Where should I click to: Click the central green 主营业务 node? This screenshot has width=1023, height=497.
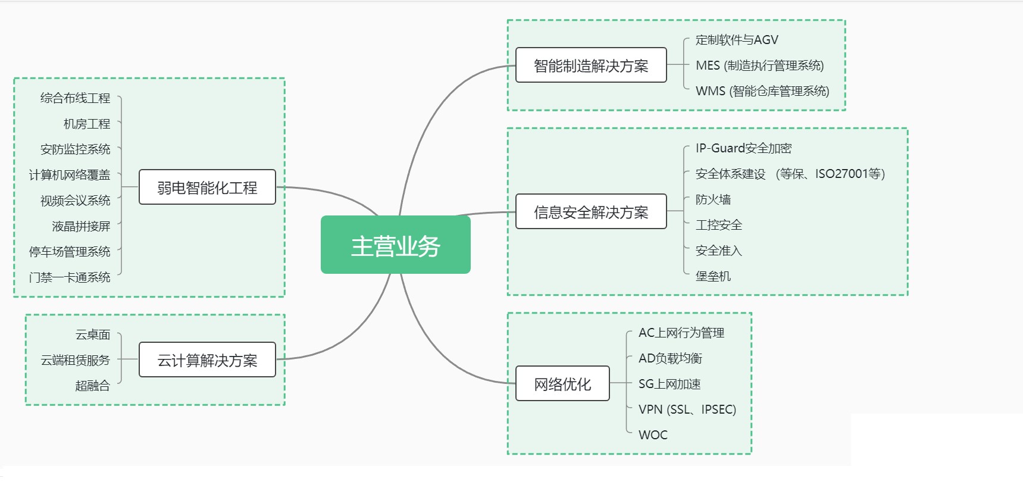click(x=395, y=245)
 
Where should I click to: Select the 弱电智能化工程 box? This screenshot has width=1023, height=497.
click(x=207, y=187)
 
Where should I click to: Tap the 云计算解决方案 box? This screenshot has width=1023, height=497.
click(x=207, y=360)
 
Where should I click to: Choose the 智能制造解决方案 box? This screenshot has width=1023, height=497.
click(x=591, y=65)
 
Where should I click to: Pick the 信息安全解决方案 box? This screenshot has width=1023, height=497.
click(x=591, y=212)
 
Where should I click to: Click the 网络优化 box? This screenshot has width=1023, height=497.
click(x=562, y=384)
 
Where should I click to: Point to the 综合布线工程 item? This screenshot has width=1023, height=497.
click(x=76, y=98)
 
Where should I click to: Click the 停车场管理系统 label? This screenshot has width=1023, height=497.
click(x=70, y=252)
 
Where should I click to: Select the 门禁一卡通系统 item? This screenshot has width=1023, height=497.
click(x=70, y=277)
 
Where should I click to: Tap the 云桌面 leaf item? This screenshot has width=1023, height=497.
click(x=93, y=335)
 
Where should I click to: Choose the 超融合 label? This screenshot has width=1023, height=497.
click(x=93, y=386)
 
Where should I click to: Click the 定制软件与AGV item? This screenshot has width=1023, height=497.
click(x=737, y=40)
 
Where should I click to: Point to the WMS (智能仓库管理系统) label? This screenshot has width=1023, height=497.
click(x=762, y=91)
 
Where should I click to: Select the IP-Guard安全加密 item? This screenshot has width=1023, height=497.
click(x=743, y=148)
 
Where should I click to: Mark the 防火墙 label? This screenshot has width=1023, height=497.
click(x=713, y=199)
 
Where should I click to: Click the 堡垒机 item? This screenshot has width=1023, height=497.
click(x=713, y=276)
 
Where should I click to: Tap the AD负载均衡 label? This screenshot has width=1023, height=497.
click(x=670, y=358)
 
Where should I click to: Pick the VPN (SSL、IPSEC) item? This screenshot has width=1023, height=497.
click(x=687, y=410)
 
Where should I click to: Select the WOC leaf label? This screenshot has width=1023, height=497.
click(x=653, y=435)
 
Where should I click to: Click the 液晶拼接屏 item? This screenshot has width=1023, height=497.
click(x=82, y=226)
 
